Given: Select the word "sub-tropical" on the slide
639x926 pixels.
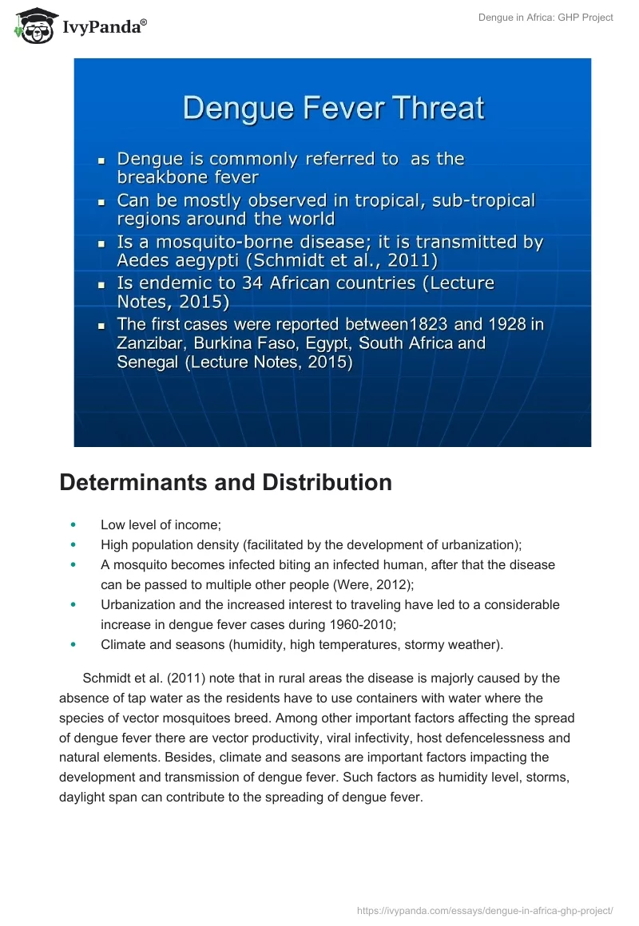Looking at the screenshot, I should [483, 200].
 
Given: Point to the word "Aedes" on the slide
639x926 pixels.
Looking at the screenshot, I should [144, 260].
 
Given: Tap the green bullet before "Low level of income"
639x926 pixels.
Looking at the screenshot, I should [73, 524].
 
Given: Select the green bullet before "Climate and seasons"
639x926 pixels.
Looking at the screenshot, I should [73, 644].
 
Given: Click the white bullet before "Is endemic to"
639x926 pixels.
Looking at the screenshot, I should [101, 284].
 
